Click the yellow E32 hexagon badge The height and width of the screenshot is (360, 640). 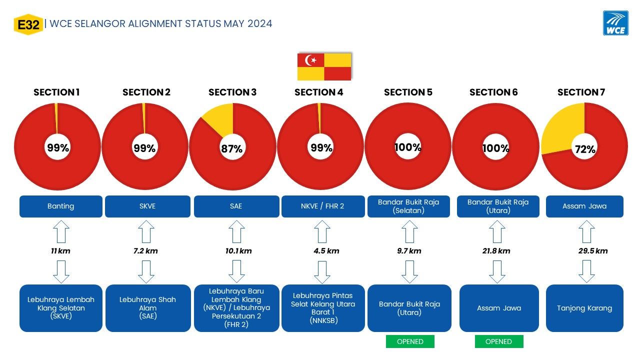[28, 24]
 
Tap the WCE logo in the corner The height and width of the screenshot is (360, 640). [615, 23]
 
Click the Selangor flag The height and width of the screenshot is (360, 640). [324, 66]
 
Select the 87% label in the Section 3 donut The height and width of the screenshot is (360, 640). [231, 149]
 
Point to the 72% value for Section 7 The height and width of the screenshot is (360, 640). [585, 149]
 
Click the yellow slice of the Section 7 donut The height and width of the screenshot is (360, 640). [561, 128]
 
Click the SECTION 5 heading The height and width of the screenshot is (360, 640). [408, 92]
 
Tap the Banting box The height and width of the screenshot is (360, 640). [61, 206]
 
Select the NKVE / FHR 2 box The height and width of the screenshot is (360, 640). [323, 206]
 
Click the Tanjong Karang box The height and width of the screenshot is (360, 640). [584, 308]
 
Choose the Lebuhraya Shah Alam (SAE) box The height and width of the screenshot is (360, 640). [148, 308]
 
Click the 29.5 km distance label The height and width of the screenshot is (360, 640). [593, 251]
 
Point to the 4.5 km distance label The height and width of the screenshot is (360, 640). [326, 251]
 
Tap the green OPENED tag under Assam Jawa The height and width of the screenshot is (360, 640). [499, 341]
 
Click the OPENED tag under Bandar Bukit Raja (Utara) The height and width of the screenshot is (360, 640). [410, 341]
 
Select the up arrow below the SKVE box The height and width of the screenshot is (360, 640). [146, 231]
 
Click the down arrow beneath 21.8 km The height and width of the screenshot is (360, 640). [497, 271]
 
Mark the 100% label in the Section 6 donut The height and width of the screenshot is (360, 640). [495, 148]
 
